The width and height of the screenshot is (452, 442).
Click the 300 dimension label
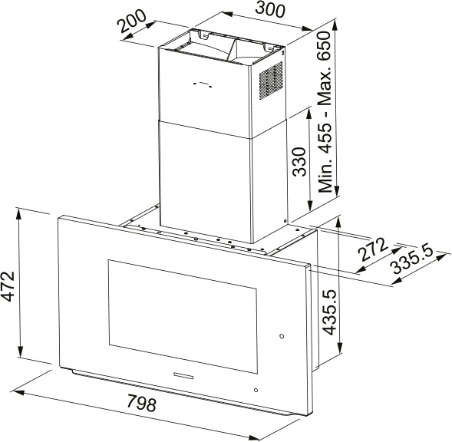(270, 9)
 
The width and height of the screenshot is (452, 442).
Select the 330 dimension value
(299, 162)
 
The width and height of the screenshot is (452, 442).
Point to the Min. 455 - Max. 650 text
(325, 112)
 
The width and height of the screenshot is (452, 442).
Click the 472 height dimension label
(7, 286)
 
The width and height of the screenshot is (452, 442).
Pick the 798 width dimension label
(141, 404)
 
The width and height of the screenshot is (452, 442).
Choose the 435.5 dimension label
(329, 312)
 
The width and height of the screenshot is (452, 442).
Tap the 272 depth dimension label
(372, 249)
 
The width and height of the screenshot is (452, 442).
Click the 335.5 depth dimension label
(413, 261)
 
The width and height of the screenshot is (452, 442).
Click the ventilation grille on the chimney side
(271, 81)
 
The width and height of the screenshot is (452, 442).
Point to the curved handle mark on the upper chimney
(203, 84)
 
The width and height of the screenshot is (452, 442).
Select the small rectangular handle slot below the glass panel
(184, 374)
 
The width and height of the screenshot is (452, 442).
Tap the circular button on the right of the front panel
(282, 336)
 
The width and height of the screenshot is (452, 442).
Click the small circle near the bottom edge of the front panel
(256, 390)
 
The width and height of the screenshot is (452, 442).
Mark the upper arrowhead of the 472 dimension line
(20, 214)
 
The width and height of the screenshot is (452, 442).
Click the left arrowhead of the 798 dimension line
(18, 393)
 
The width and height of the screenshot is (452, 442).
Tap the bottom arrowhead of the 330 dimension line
(310, 206)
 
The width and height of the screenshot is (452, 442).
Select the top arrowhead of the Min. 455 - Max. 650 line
(335, 25)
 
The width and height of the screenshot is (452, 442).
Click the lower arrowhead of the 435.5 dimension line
(341, 347)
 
